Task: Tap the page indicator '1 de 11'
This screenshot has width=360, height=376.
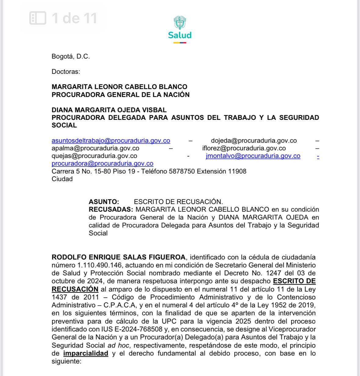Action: coord(64,18)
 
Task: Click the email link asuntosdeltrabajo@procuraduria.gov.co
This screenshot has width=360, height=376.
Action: coord(111,141)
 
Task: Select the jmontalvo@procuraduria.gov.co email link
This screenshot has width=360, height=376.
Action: coord(253,156)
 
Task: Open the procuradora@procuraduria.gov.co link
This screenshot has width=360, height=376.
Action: coord(102,163)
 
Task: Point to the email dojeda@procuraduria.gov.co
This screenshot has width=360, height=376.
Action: coord(254,141)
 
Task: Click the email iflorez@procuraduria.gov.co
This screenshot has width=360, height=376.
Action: coord(244,148)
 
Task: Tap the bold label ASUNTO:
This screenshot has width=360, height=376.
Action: coord(104,202)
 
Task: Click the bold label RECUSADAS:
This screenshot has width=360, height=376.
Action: coord(111,209)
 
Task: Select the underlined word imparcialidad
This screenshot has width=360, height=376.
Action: coord(85,353)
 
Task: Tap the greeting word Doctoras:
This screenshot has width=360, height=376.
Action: coord(66,72)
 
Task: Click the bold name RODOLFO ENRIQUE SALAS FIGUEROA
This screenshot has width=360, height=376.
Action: coord(118,257)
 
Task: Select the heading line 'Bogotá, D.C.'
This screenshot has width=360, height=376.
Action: coord(71,56)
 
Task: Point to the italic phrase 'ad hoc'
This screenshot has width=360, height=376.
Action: coord(118,346)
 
